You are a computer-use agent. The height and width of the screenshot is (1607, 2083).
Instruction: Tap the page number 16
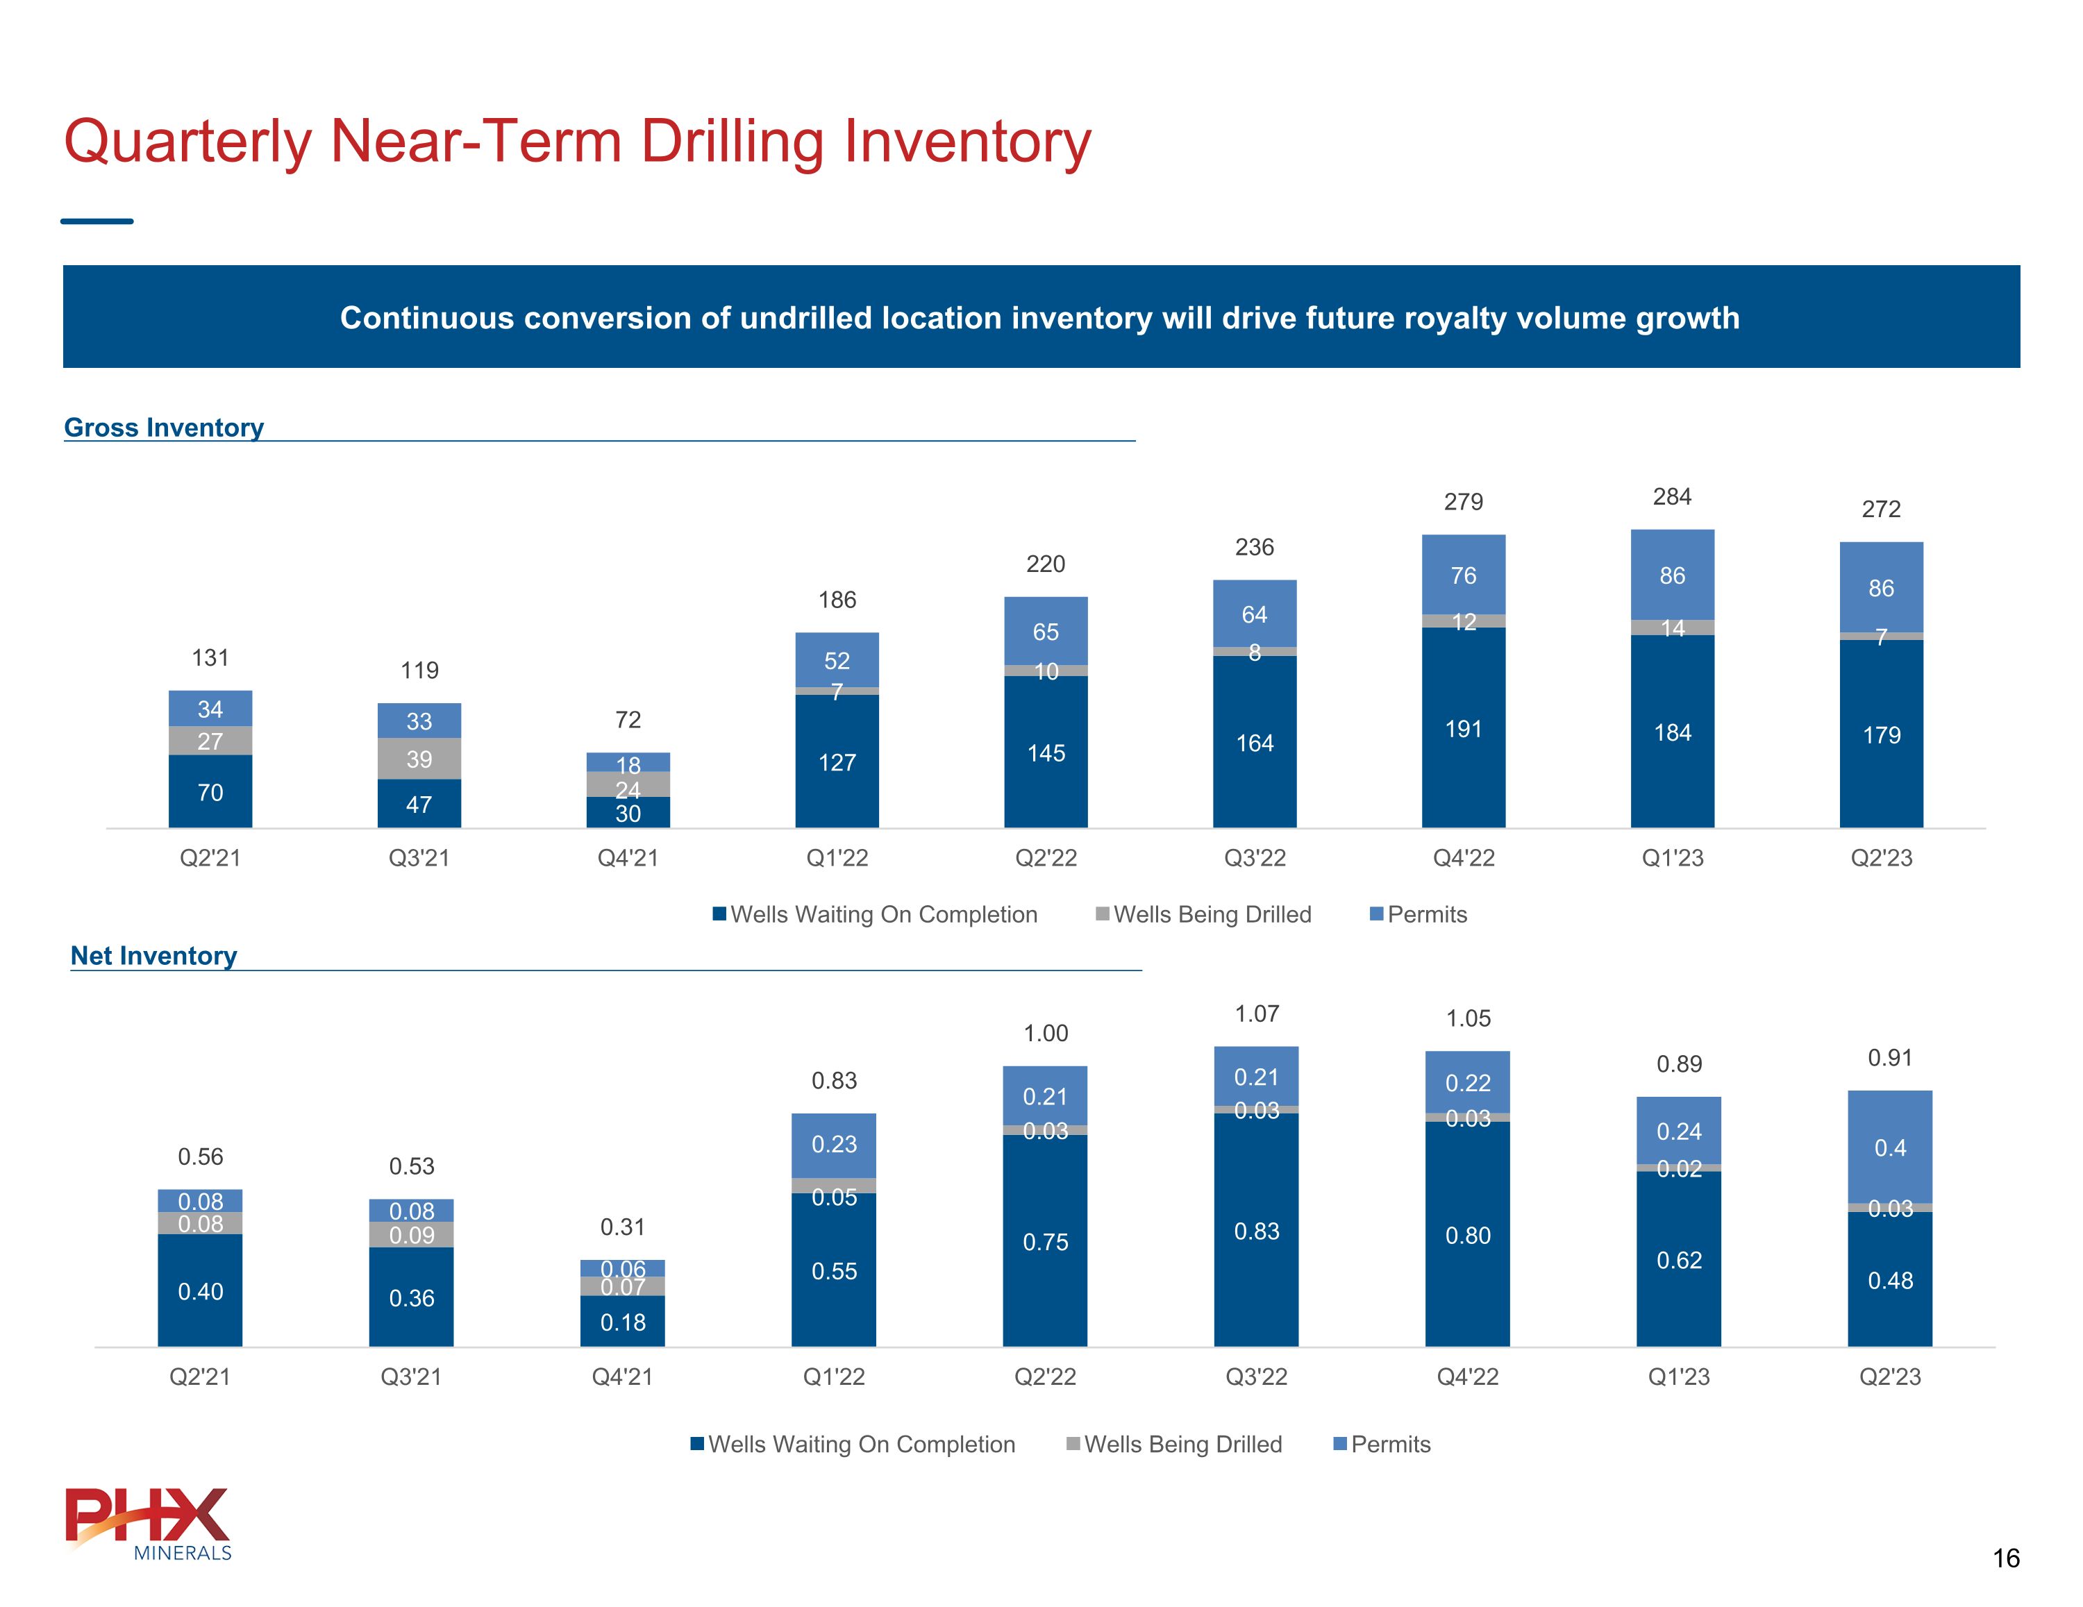(x=2006, y=1558)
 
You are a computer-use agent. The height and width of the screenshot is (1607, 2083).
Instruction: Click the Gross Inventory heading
(x=164, y=428)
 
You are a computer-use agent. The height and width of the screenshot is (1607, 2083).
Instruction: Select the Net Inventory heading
(x=153, y=956)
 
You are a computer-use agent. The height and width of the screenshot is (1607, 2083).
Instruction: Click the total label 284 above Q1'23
(x=1672, y=497)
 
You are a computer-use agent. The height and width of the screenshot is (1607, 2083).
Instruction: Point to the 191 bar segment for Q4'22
(x=1463, y=729)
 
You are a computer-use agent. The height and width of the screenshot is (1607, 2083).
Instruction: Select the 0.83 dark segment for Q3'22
(x=1256, y=1231)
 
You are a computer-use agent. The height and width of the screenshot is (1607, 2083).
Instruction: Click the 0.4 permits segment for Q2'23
(x=1889, y=1147)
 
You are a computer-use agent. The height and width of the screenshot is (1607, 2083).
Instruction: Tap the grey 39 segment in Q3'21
(x=419, y=759)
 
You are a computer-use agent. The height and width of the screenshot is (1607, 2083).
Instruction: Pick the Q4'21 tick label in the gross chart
(x=628, y=858)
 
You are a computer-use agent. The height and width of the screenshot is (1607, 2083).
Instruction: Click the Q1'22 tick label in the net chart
(x=834, y=1377)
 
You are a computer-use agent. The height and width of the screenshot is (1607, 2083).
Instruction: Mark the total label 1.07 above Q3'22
(x=1256, y=1013)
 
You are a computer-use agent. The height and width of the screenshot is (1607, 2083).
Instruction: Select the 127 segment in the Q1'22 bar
(x=837, y=762)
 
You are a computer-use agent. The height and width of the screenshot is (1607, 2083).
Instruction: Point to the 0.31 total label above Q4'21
(x=622, y=1227)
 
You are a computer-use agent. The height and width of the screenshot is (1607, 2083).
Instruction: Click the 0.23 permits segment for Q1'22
(x=834, y=1145)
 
